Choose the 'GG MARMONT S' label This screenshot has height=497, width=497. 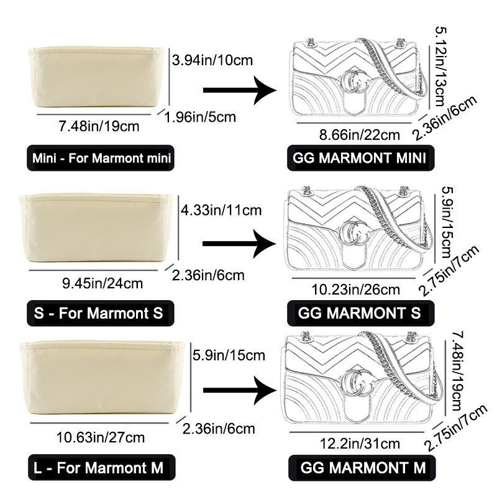tap(359, 312)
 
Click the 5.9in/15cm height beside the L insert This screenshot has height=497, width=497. tap(229, 356)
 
